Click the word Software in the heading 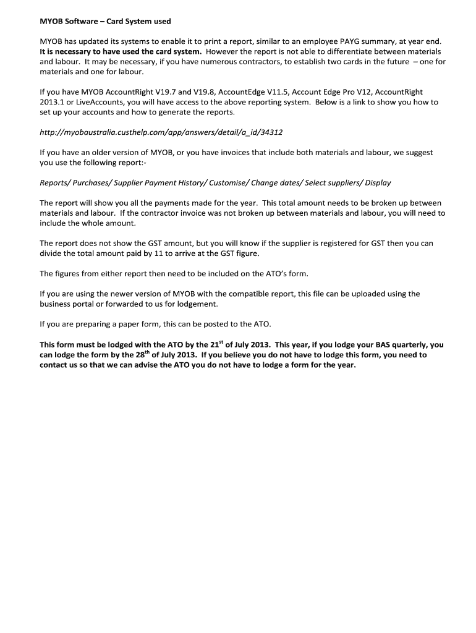[x=83, y=21]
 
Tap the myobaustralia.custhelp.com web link [x=161, y=132]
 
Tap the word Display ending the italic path [x=378, y=182]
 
